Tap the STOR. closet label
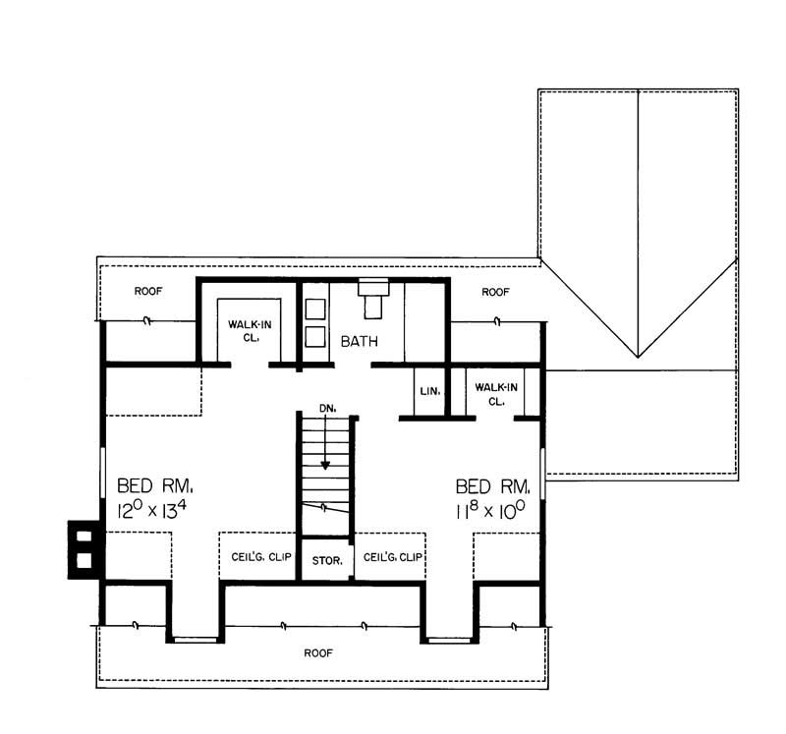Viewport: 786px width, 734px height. coord(327,562)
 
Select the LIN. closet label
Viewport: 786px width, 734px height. coord(428,390)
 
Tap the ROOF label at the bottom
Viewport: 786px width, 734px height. coord(316,651)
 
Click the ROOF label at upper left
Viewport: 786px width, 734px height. coord(148,292)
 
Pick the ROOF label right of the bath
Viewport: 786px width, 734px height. coord(495,292)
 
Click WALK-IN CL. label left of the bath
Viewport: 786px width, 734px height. coord(244,328)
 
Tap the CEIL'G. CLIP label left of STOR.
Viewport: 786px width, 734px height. coord(257,557)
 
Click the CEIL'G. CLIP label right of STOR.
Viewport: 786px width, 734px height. coord(392,557)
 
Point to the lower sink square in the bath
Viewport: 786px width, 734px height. coord(314,337)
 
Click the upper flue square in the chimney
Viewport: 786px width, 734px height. coord(83,537)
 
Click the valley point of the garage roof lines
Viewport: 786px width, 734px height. coord(639,357)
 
